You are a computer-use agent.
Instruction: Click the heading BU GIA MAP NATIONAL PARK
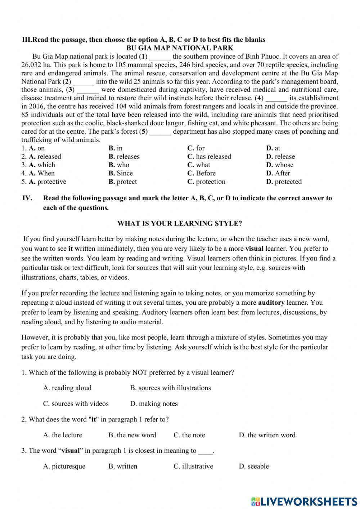(x=180, y=48)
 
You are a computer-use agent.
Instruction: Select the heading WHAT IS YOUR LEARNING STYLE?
(x=180, y=223)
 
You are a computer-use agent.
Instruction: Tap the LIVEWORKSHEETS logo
(x=304, y=501)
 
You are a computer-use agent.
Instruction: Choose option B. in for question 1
(x=116, y=148)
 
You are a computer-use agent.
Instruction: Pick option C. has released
(x=209, y=156)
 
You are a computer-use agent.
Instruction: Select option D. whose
(x=280, y=165)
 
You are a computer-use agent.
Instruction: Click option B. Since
(x=121, y=173)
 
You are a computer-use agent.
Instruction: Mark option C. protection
(x=206, y=182)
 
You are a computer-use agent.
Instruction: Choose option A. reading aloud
(x=67, y=388)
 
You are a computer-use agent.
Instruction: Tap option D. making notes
(x=154, y=404)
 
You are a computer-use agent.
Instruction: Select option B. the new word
(x=132, y=435)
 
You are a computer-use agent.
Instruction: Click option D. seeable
(x=254, y=466)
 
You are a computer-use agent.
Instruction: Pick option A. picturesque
(x=64, y=466)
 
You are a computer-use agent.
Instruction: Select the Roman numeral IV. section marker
(x=27, y=198)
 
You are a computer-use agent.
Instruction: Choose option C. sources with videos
(x=76, y=404)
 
